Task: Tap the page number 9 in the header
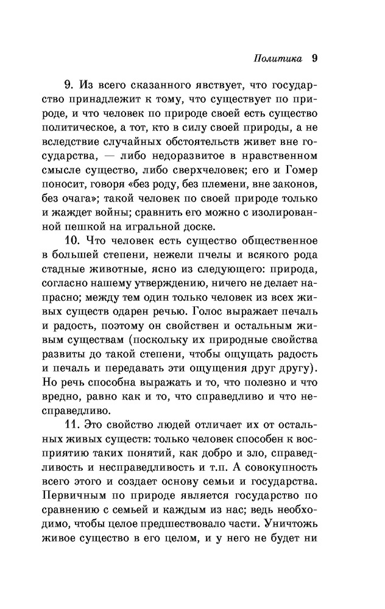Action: point(315,58)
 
